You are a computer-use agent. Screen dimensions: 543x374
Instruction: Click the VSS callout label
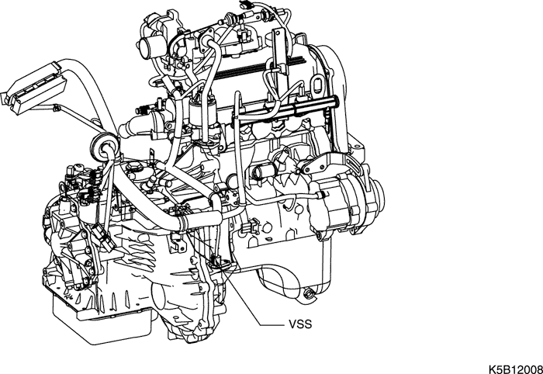300,324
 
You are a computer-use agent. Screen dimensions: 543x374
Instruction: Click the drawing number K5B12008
516,369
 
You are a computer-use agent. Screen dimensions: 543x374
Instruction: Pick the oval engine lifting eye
316,85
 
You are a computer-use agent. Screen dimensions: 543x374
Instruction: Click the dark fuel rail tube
284,110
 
